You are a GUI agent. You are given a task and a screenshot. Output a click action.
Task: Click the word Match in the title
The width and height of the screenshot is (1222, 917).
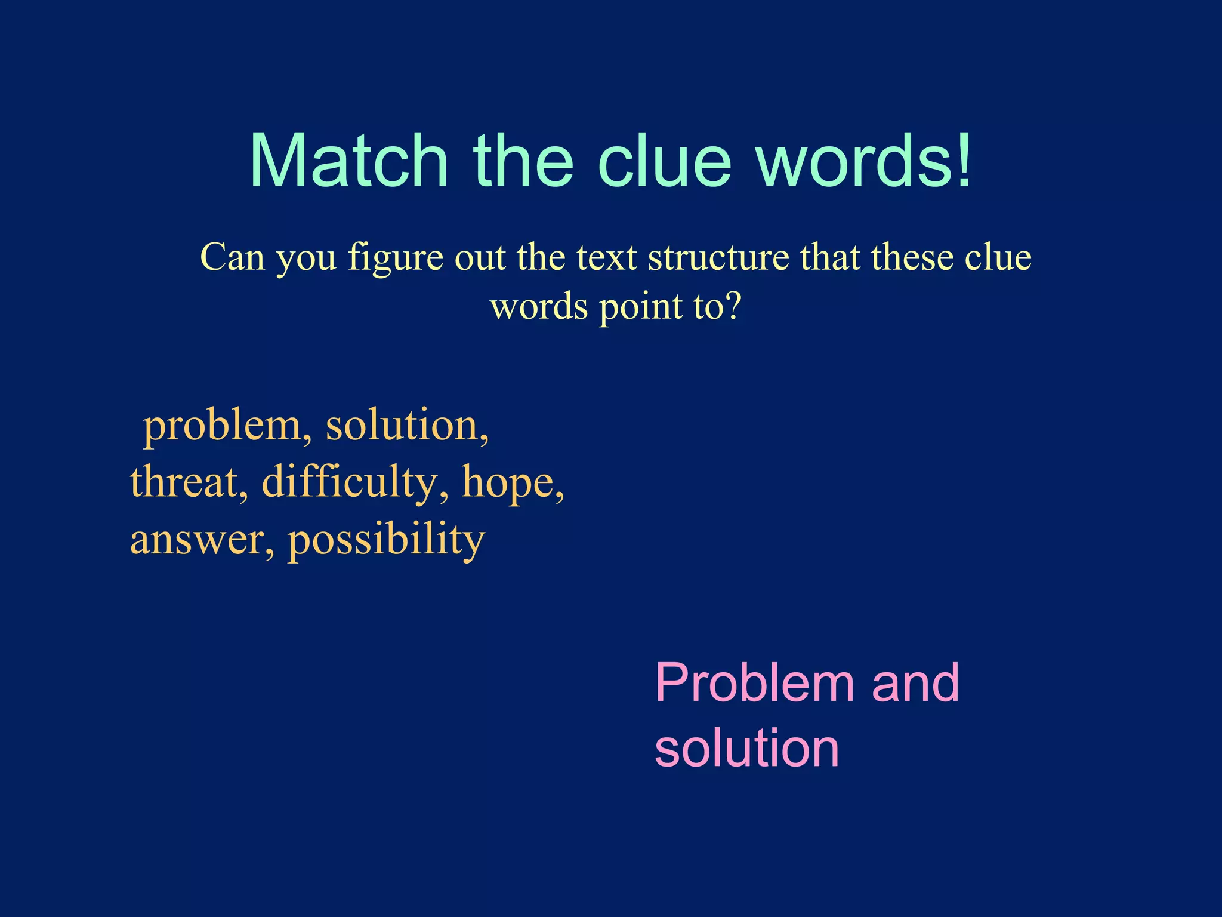(348, 161)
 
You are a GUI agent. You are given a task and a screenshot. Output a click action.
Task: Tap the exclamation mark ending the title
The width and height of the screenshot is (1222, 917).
(962, 161)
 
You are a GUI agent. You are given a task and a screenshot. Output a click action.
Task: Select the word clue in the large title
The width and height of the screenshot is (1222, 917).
(664, 161)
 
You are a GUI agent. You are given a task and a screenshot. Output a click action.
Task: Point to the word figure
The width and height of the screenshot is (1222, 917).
(396, 259)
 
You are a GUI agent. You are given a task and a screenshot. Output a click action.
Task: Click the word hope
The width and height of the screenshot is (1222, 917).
(513, 482)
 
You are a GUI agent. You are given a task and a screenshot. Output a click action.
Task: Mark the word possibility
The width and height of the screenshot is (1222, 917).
(386, 540)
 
